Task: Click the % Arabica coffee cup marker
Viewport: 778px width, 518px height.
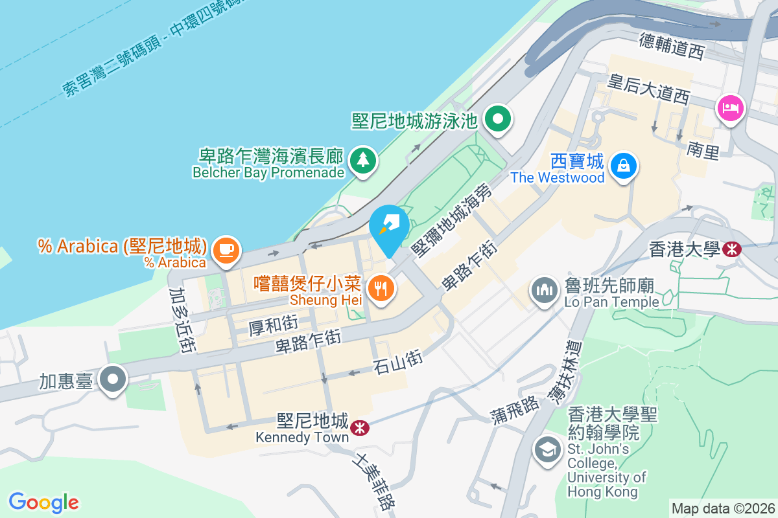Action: (x=226, y=249)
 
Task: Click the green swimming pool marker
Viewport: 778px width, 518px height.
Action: (x=499, y=119)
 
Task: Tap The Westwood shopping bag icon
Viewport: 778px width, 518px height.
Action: (x=623, y=165)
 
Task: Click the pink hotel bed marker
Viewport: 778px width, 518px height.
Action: (x=731, y=107)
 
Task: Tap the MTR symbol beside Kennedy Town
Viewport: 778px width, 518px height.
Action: (x=357, y=428)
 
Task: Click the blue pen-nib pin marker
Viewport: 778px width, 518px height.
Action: (x=389, y=226)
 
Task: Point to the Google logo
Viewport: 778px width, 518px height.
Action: (x=44, y=502)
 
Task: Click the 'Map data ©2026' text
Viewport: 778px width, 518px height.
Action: (x=723, y=508)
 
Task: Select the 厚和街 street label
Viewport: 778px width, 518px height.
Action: (x=273, y=324)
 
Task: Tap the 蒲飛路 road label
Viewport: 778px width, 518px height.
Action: (x=515, y=410)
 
